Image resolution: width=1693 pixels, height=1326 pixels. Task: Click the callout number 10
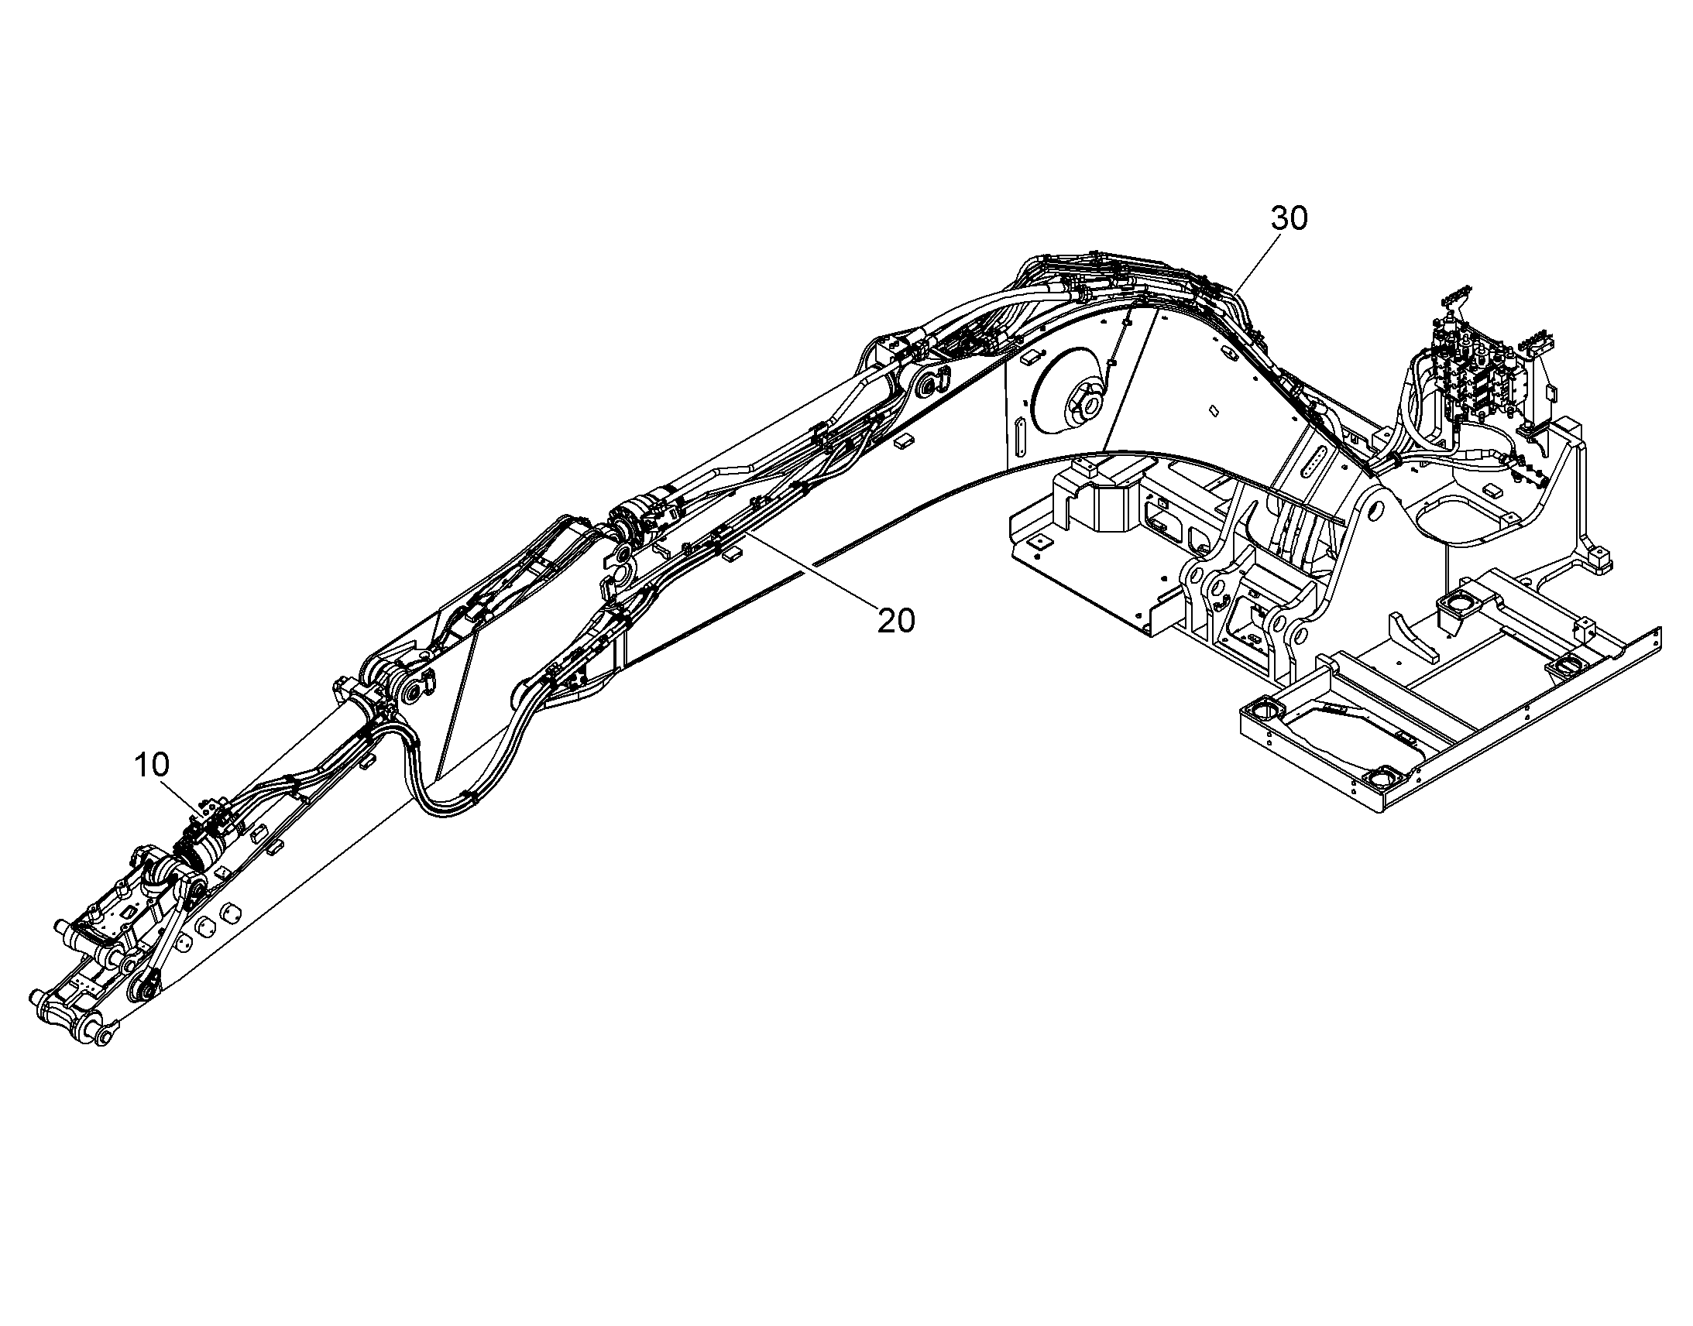(152, 766)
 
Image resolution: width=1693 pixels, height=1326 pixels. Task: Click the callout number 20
(897, 620)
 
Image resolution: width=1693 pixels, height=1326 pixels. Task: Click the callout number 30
(1289, 219)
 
